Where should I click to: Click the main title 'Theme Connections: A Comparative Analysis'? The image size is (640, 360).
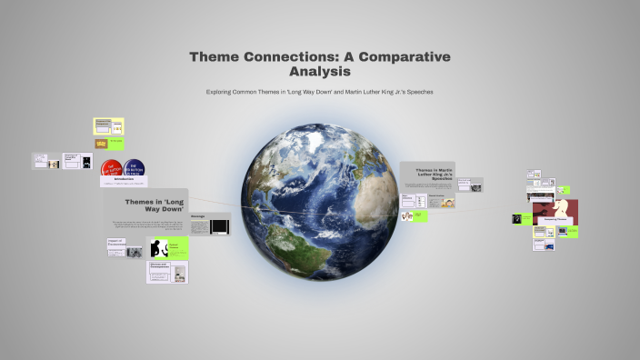pyautogui.click(x=320, y=63)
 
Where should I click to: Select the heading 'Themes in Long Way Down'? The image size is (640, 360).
pyautogui.click(x=145, y=205)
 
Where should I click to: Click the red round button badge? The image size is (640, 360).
pyautogui.click(x=113, y=169)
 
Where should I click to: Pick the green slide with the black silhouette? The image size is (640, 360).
pyautogui.click(x=168, y=247)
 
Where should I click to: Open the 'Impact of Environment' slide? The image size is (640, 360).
pyautogui.click(x=117, y=246)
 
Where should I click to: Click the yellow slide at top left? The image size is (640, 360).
pyautogui.click(x=109, y=126)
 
